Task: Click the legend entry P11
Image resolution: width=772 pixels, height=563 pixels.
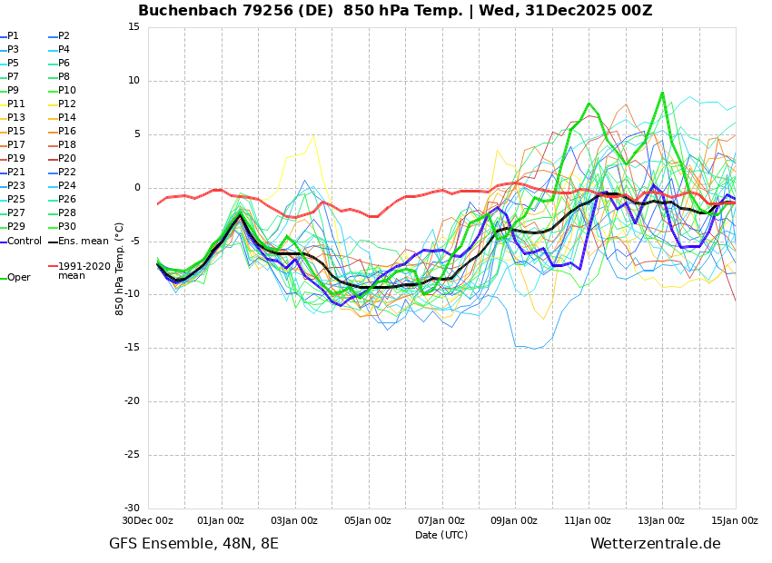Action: pyautogui.click(x=16, y=104)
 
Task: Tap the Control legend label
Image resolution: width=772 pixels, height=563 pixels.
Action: pyautogui.click(x=25, y=242)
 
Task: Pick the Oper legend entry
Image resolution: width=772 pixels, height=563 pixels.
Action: pyautogui.click(x=18, y=278)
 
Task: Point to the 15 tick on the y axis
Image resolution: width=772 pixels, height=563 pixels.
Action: pyautogui.click(x=134, y=27)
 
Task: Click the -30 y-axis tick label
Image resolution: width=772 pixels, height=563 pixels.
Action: pyautogui.click(x=131, y=509)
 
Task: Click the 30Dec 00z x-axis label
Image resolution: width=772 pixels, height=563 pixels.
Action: pyautogui.click(x=148, y=521)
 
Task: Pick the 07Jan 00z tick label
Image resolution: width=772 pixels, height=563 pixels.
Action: pyautogui.click(x=441, y=521)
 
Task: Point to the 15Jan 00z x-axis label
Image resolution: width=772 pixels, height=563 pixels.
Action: pyautogui.click(x=735, y=521)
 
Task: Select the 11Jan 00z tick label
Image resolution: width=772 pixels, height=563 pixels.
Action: pyautogui.click(x=589, y=521)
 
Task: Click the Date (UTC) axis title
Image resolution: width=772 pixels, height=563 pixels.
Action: pyautogui.click(x=441, y=535)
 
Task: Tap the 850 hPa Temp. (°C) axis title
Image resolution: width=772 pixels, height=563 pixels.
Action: pyautogui.click(x=120, y=268)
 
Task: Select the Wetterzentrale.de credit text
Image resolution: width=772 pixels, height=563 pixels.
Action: pyautogui.click(x=655, y=544)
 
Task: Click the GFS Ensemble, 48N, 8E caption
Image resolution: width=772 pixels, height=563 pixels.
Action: pyautogui.click(x=193, y=544)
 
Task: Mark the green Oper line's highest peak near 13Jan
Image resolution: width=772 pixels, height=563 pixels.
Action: pyautogui.click(x=662, y=93)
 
